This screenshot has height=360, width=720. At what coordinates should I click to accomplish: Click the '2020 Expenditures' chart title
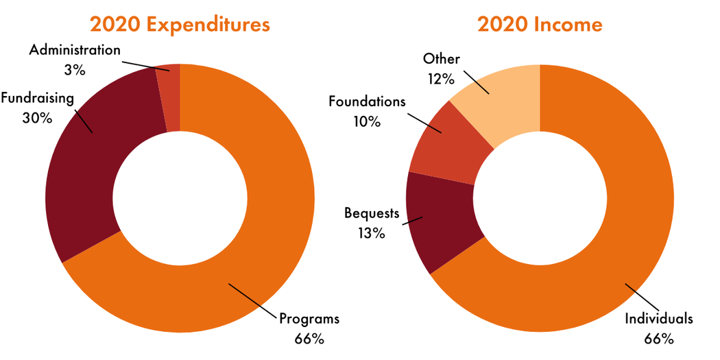180,25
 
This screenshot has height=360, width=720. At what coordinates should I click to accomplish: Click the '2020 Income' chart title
540,25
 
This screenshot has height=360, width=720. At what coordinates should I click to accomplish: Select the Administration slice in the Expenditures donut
169,96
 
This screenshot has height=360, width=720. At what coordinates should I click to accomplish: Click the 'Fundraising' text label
37,98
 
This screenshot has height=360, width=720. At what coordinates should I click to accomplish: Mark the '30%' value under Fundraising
37,117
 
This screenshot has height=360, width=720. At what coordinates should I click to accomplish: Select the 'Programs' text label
309,319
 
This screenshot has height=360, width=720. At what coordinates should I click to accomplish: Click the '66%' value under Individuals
659,338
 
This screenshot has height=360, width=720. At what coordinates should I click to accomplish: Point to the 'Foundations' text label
367,102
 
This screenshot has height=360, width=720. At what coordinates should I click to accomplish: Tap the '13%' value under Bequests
371,232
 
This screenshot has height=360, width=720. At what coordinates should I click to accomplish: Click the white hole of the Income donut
540,199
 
